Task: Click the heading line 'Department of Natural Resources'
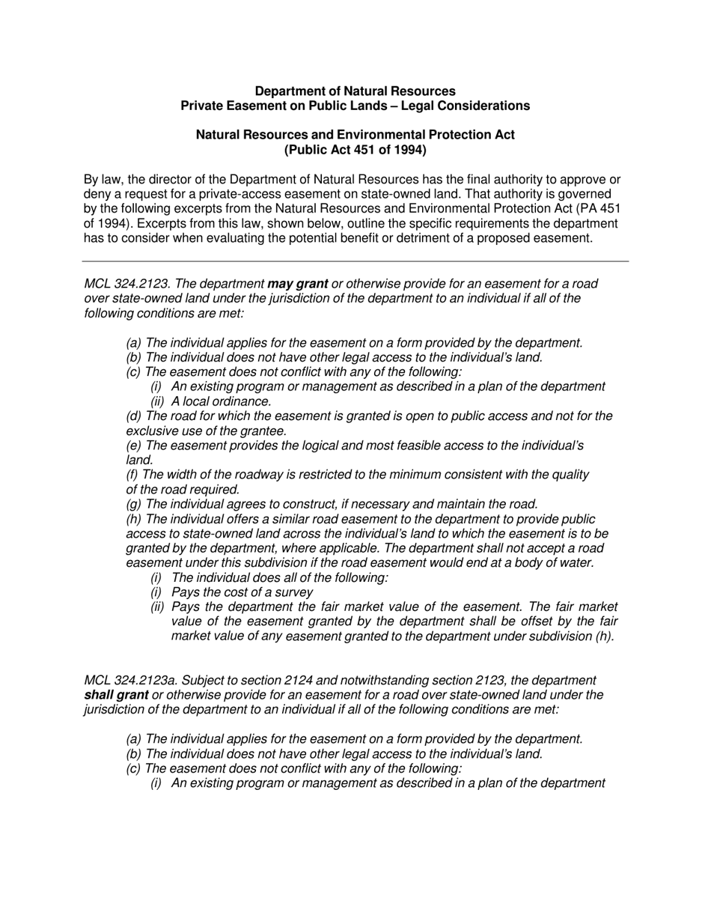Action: (355, 91)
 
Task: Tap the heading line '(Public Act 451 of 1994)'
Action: (355, 149)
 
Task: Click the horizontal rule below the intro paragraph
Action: (355, 261)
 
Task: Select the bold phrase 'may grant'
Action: (297, 284)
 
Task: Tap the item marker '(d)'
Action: (135, 416)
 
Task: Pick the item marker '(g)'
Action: (135, 504)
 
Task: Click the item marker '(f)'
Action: (133, 475)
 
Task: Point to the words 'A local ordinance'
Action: (221, 401)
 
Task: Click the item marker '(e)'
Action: (135, 446)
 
